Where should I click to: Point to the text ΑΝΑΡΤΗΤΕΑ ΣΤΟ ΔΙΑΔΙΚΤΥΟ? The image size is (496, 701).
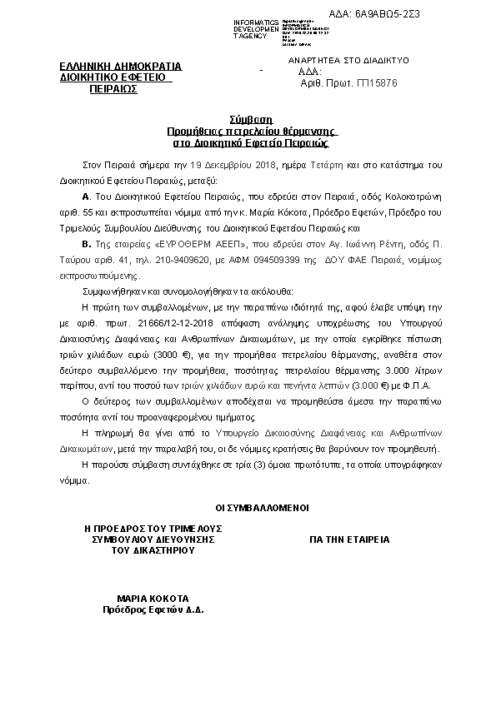coord(348,61)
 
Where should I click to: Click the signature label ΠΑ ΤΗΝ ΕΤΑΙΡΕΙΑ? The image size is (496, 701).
coord(349,539)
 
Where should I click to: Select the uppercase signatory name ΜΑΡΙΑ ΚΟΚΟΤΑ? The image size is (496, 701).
coord(153,599)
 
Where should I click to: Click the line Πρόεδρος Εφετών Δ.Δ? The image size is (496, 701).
coord(153,609)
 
